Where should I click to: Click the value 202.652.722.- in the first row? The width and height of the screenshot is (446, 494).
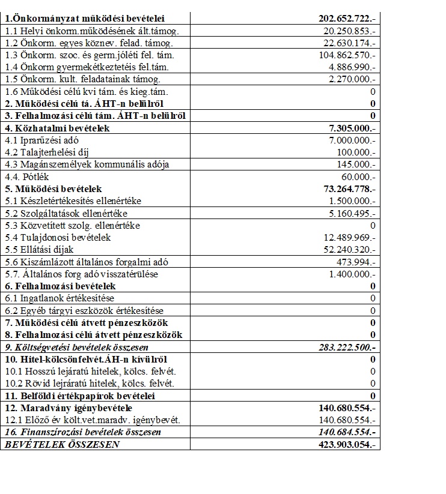click(346, 19)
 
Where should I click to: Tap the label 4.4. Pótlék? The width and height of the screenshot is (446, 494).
click(27, 177)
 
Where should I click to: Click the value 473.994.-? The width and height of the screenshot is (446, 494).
click(356, 262)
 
